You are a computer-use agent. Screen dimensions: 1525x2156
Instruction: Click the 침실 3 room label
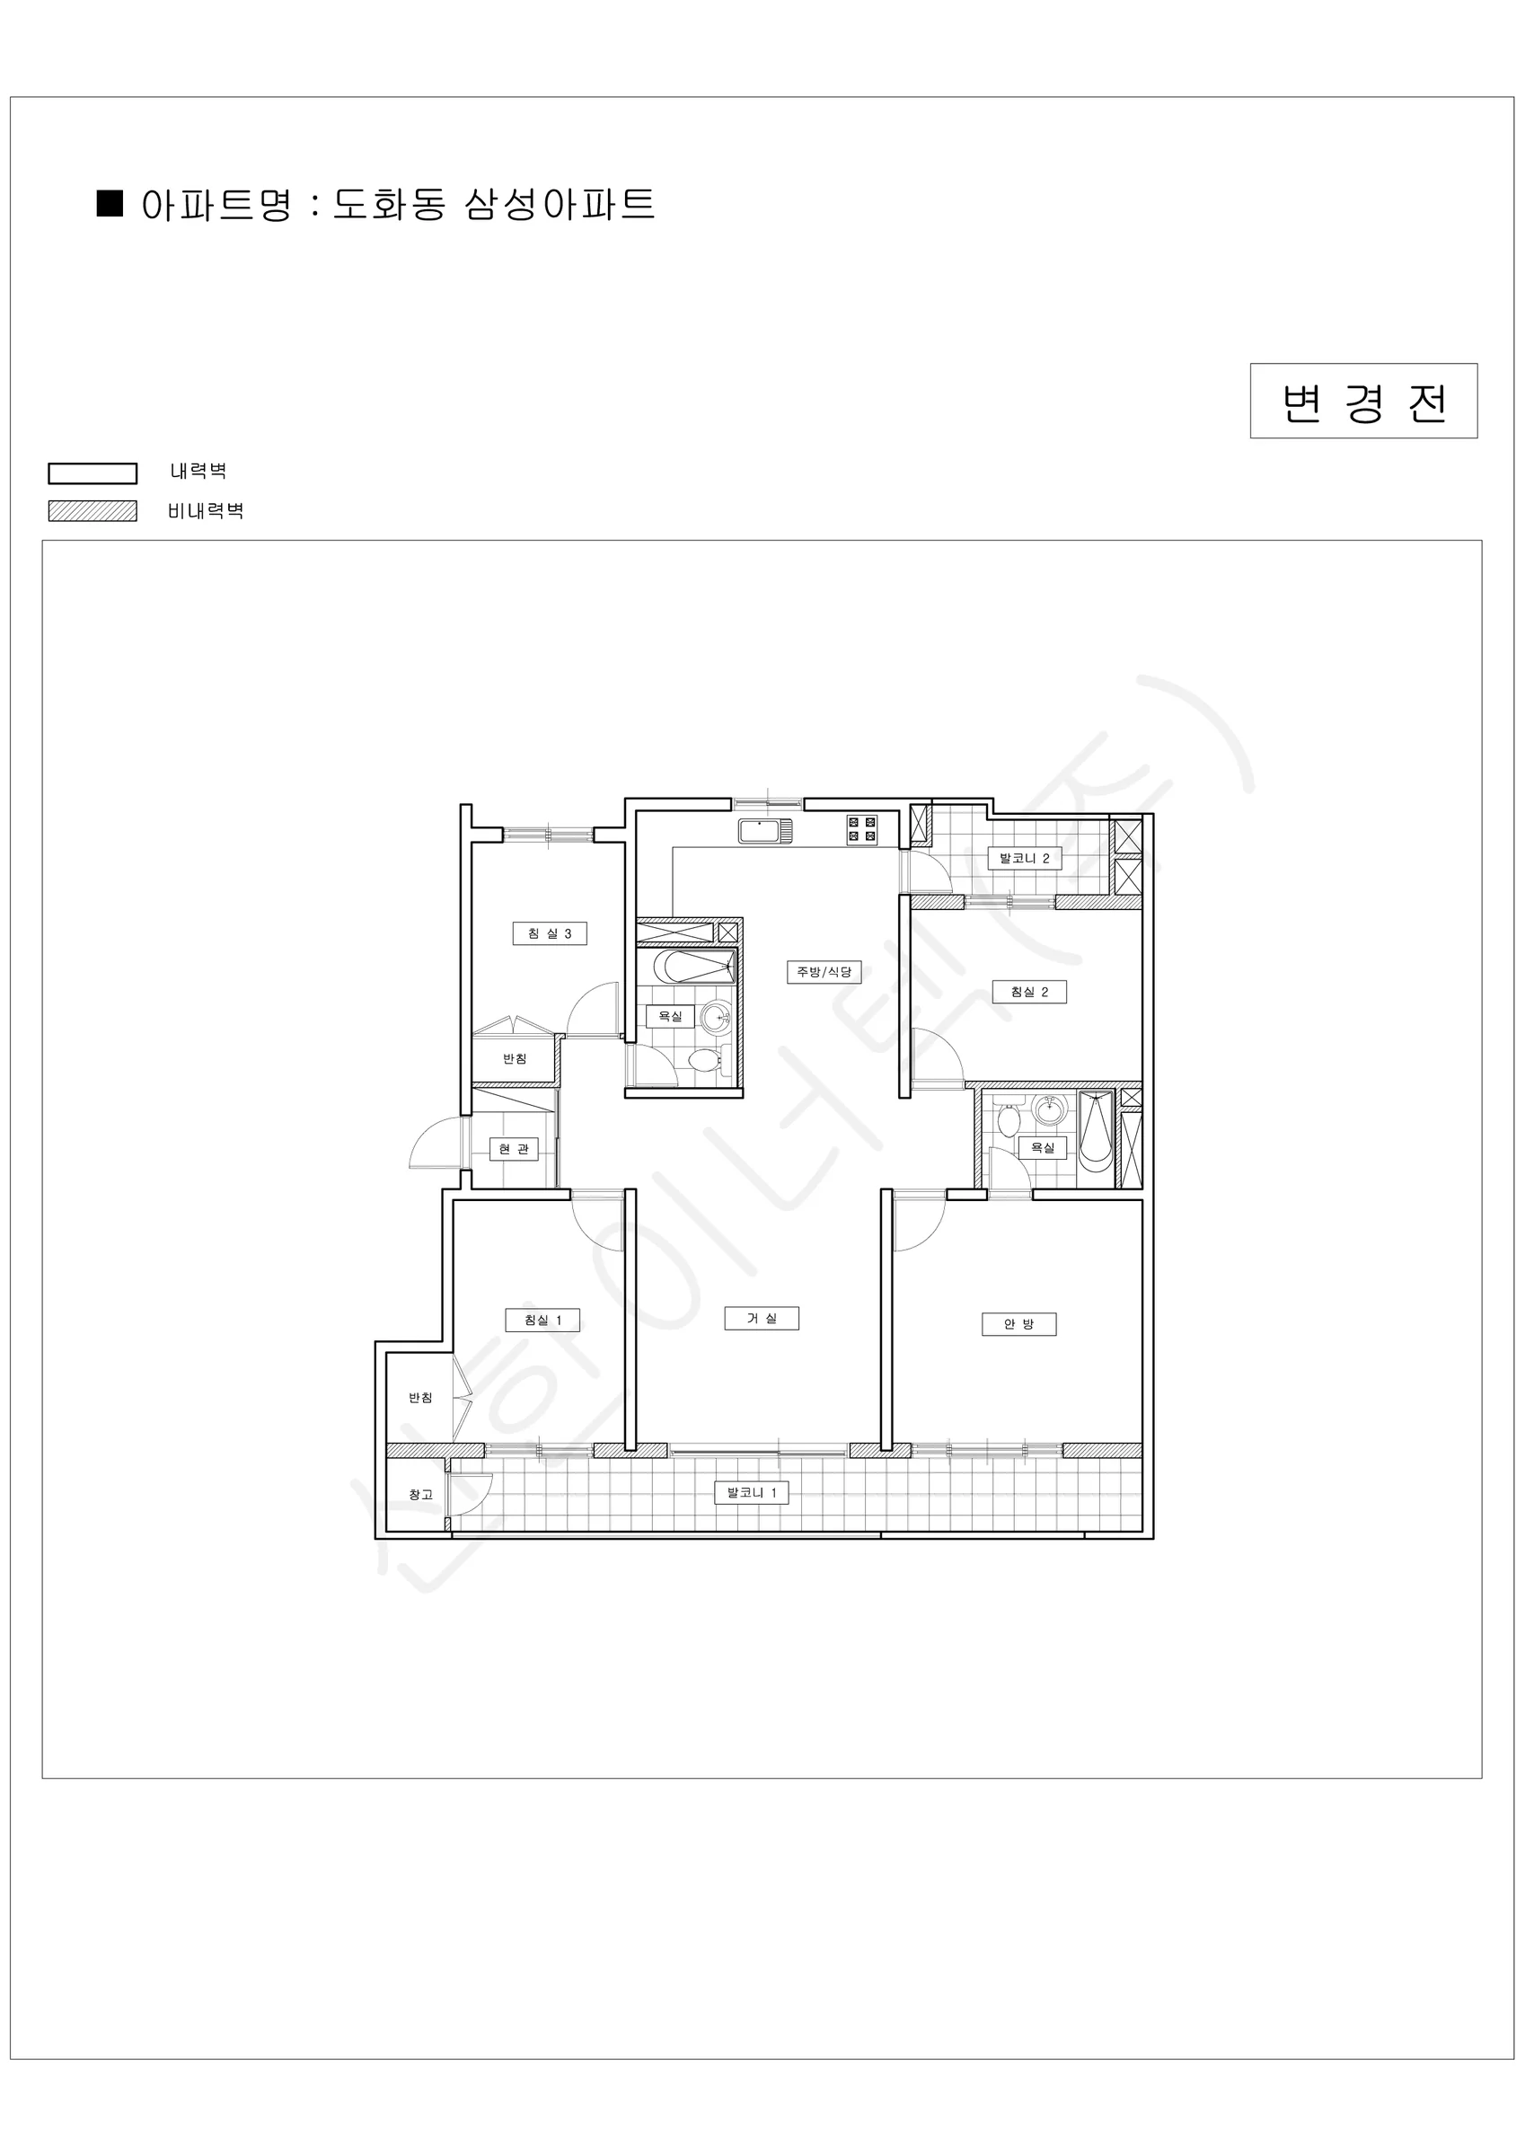point(550,933)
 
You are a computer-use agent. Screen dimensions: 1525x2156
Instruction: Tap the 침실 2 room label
point(1029,992)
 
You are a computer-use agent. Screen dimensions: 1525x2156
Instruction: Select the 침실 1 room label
point(542,1321)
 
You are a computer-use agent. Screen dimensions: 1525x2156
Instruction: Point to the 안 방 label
point(1018,1324)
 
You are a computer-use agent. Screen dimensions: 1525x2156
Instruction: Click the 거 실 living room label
point(762,1319)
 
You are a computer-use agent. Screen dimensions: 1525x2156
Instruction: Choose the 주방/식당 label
point(824,972)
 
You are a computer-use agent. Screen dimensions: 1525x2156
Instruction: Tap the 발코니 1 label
point(751,1493)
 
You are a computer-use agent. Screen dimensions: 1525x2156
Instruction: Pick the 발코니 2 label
point(1025,858)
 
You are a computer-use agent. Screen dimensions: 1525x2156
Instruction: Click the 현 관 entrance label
point(514,1148)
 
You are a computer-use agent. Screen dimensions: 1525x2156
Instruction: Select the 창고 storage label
point(420,1495)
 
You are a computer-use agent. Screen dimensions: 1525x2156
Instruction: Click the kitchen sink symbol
point(765,831)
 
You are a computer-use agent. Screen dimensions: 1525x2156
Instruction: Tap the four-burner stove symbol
point(862,829)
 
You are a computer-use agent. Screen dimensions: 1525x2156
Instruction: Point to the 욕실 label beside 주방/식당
point(669,1016)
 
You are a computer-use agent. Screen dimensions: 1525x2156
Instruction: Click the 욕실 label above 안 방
point(1043,1147)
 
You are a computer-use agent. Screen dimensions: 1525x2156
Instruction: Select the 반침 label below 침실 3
point(515,1058)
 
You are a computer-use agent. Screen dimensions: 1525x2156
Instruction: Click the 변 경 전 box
point(1363,401)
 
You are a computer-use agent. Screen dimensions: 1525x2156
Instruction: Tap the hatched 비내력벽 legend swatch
point(93,511)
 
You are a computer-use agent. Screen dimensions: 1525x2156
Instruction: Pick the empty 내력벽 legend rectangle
point(93,473)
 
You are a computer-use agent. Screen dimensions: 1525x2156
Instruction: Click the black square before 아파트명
point(110,204)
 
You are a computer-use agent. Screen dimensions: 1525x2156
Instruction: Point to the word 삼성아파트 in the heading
point(560,205)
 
